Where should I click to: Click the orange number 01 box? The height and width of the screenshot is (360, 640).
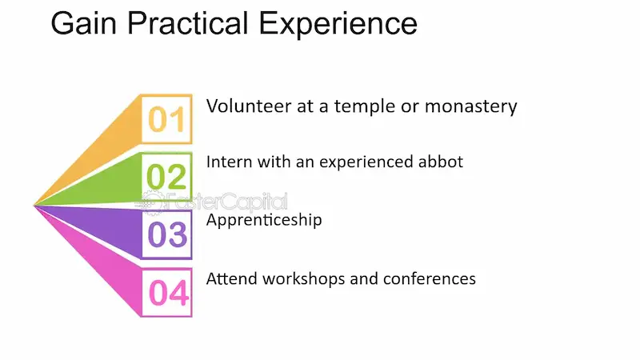tap(166, 119)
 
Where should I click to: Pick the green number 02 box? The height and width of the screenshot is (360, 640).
tap(166, 176)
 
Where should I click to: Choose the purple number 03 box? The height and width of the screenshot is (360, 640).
tap(166, 235)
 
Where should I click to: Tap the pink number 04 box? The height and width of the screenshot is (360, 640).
tap(166, 293)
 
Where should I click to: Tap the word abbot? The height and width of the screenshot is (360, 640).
tap(441, 162)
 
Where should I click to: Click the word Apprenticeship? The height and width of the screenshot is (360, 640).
tap(264, 220)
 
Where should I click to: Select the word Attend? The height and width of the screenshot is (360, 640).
tap(230, 278)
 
